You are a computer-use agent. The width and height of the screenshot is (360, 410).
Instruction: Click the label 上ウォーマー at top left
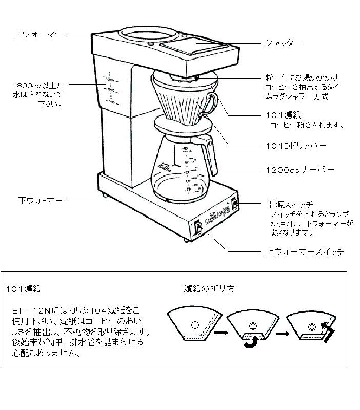tap(38, 34)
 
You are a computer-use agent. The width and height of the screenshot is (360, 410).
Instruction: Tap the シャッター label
tap(283, 43)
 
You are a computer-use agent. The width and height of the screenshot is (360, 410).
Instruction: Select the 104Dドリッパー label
tap(296, 145)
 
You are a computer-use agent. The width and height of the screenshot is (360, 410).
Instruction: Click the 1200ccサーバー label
tap(300, 169)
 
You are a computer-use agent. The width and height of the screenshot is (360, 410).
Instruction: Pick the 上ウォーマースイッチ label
tap(304, 252)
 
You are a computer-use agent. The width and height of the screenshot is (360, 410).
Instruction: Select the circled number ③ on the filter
tap(312, 326)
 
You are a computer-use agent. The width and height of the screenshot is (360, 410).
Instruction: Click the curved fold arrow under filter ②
tap(250, 344)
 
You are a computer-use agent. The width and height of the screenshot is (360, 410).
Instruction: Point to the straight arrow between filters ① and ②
tap(221, 333)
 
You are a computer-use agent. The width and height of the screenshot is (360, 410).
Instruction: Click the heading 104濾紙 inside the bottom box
tap(24, 289)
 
